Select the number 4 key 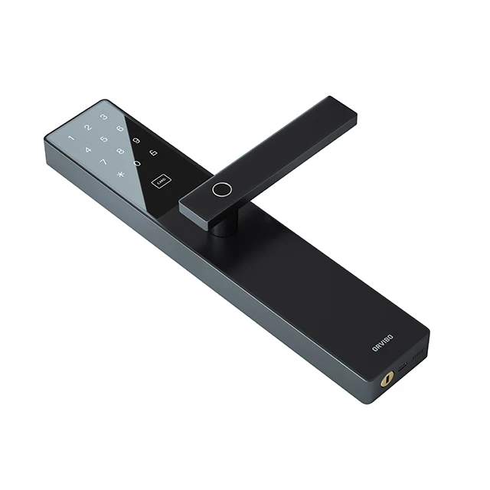click(88, 151)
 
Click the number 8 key click(120, 151)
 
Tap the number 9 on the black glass click(137, 141)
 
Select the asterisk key click(120, 174)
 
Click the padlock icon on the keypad click(153, 152)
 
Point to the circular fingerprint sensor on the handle click(222, 189)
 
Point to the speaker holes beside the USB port click(417, 357)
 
